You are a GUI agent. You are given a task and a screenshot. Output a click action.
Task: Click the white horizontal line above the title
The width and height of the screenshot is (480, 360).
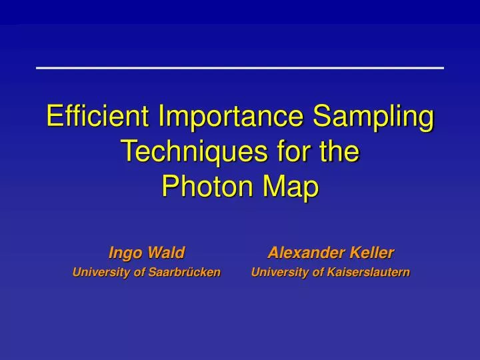(x=240, y=68)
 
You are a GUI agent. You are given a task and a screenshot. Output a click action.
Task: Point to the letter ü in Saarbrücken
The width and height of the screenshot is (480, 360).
(x=193, y=272)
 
